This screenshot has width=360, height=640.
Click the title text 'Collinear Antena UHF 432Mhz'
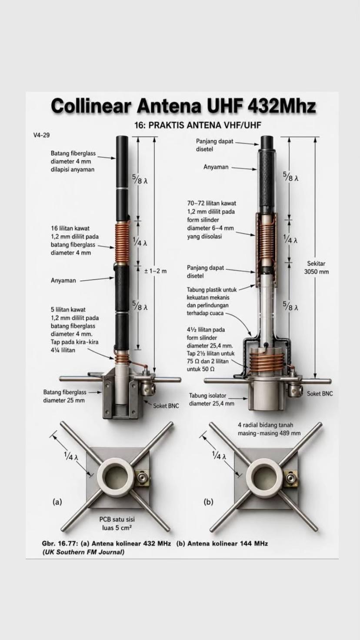click(x=183, y=106)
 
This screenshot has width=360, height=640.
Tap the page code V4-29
click(x=41, y=135)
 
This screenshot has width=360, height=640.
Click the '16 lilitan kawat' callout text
click(x=70, y=228)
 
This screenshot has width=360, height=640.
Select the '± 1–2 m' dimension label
click(x=155, y=271)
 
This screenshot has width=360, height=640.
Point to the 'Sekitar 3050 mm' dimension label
click(x=316, y=267)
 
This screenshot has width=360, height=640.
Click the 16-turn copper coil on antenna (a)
click(x=122, y=243)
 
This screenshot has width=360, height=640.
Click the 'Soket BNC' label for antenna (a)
click(x=166, y=406)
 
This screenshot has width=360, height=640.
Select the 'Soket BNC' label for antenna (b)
click(x=320, y=393)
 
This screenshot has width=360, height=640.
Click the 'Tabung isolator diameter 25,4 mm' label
click(x=211, y=400)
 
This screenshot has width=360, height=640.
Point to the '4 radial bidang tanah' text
click(x=265, y=425)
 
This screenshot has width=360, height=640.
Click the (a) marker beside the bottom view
click(x=57, y=502)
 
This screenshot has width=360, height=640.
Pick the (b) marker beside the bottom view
click(x=208, y=502)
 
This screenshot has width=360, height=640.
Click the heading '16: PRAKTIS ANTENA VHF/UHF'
click(x=198, y=125)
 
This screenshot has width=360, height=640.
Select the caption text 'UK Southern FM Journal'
click(x=83, y=552)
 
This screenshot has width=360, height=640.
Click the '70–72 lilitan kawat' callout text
click(x=212, y=203)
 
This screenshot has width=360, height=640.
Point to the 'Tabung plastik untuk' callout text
click(x=212, y=290)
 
